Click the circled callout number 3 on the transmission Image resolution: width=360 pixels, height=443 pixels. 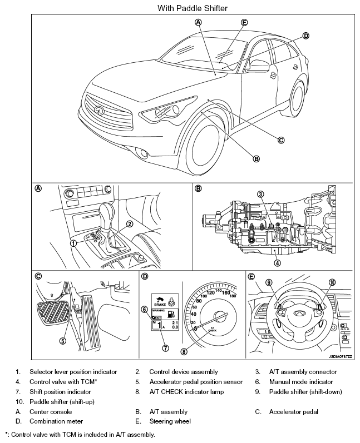(x=260, y=194)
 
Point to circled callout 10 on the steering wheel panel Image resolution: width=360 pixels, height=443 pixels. (x=332, y=283)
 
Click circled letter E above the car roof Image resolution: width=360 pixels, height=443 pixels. (x=244, y=22)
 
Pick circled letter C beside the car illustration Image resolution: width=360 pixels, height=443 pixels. (x=281, y=140)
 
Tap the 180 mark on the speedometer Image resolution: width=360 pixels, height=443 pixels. (x=232, y=296)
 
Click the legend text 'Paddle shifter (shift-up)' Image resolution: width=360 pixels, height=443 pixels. (x=66, y=402)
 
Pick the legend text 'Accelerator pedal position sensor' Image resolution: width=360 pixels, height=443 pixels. (x=196, y=382)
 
